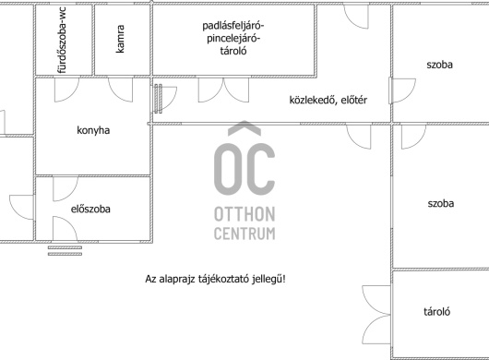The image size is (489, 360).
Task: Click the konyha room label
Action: (93, 130)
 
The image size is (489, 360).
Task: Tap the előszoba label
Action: (90, 209)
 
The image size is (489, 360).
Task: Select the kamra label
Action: (120, 39)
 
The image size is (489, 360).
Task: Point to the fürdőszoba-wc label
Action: (62, 41)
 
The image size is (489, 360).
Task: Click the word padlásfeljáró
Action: (233, 26)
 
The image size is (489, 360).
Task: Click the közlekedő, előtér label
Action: (328, 100)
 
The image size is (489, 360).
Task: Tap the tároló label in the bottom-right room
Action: (436, 311)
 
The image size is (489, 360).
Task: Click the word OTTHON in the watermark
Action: (244, 214)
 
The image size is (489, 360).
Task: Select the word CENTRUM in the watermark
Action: (244, 234)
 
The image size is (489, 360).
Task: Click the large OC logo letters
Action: (244, 169)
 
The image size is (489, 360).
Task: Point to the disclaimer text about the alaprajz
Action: (215, 279)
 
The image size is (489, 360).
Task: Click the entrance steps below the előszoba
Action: (65, 250)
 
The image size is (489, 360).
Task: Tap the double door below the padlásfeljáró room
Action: (223, 90)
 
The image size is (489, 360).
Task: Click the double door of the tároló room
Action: (376, 315)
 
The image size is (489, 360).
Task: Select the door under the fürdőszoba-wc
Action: (66, 90)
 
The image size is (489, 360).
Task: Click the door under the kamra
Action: (120, 90)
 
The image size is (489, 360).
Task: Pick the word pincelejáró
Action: (233, 39)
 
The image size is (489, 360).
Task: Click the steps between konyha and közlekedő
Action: (158, 98)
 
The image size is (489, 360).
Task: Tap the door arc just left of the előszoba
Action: (21, 207)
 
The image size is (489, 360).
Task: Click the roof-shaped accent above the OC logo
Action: (244, 128)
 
